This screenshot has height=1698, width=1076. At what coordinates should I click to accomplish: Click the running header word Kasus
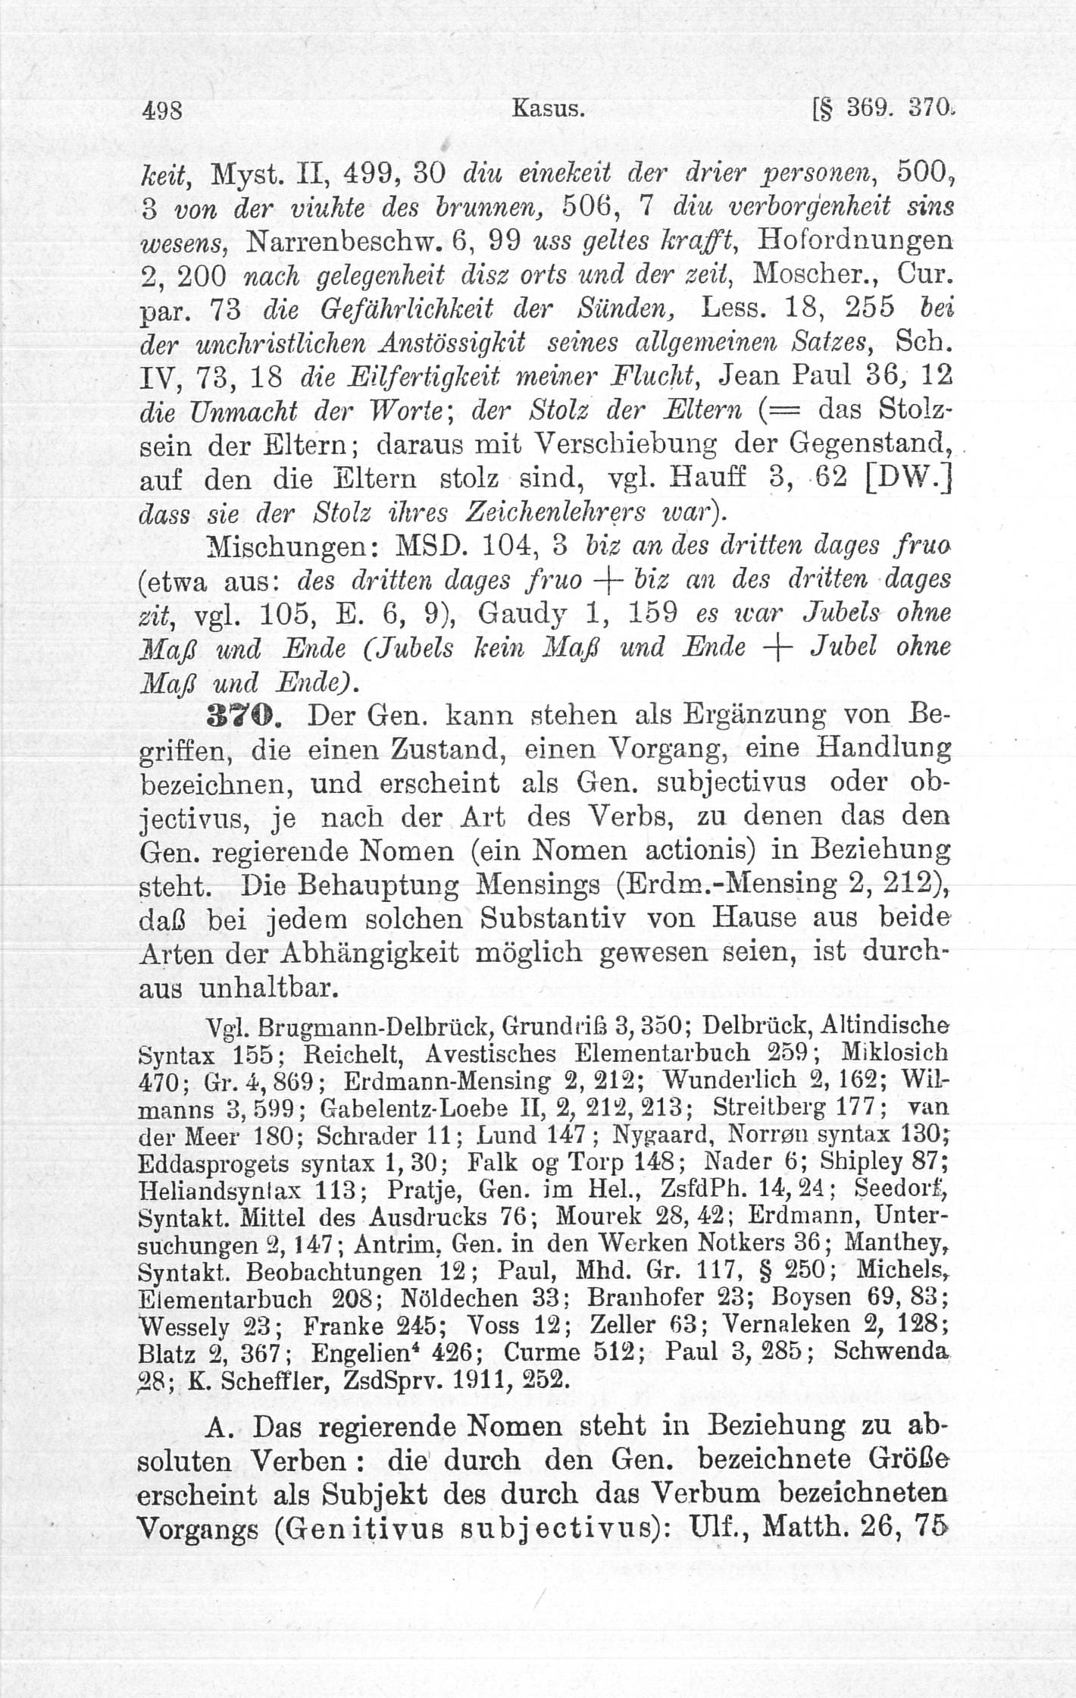(x=548, y=110)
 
